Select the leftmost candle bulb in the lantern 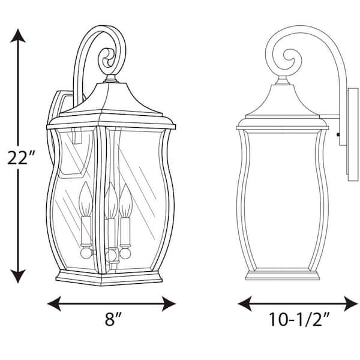point(85,196)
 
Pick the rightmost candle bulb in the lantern point(125,197)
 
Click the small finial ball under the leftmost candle point(85,253)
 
